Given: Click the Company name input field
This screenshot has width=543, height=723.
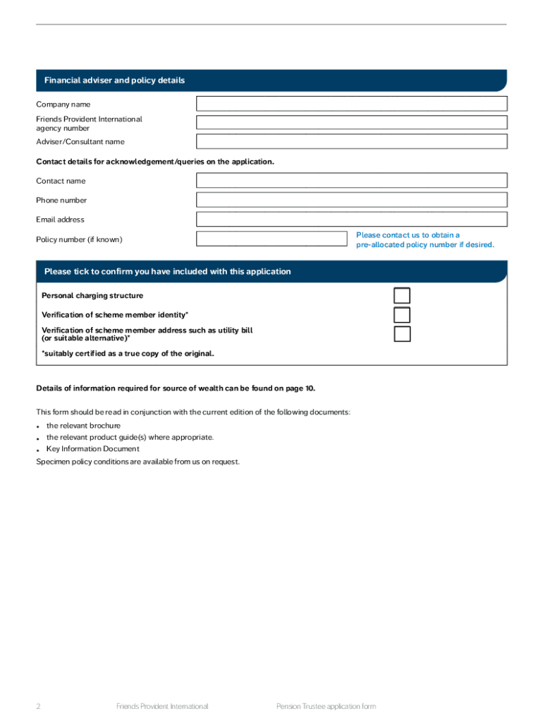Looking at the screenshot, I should pos(351,104).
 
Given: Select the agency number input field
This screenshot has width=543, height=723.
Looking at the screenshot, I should pos(351,123).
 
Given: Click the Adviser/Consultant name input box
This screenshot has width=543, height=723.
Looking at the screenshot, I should pos(351,141).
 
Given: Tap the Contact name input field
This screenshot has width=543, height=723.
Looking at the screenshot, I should pos(351,181).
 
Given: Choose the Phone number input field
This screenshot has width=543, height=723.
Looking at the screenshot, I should pos(351,200).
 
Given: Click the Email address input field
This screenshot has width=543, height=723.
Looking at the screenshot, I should pos(351,219).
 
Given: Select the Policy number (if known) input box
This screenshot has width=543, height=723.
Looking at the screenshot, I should pos(271,239).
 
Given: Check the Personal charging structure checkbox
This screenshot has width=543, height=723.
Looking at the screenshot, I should pos(402,296).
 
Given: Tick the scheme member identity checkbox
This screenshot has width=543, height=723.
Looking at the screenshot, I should pos(402,315).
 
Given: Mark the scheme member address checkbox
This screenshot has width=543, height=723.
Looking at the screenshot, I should pos(402,334).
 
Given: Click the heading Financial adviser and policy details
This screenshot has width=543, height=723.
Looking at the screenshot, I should pos(114,80).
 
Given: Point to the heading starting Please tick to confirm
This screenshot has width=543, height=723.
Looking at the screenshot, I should pos(167,272).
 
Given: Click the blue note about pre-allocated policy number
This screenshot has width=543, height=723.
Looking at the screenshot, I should pos(425,240).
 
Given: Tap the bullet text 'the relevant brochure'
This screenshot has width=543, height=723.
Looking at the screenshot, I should pos(83,426).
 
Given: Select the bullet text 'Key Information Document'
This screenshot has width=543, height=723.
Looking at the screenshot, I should pos(93,449).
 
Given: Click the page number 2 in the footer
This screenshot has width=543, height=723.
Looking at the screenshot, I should pos(38,706).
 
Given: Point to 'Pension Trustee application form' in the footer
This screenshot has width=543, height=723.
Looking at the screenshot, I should pos(326,706).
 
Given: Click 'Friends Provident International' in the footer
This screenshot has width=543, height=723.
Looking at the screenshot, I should pos(162,706).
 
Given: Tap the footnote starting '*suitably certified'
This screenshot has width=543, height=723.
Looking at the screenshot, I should pos(128,353).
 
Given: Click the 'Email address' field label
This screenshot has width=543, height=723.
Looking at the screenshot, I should pos(60,220).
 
